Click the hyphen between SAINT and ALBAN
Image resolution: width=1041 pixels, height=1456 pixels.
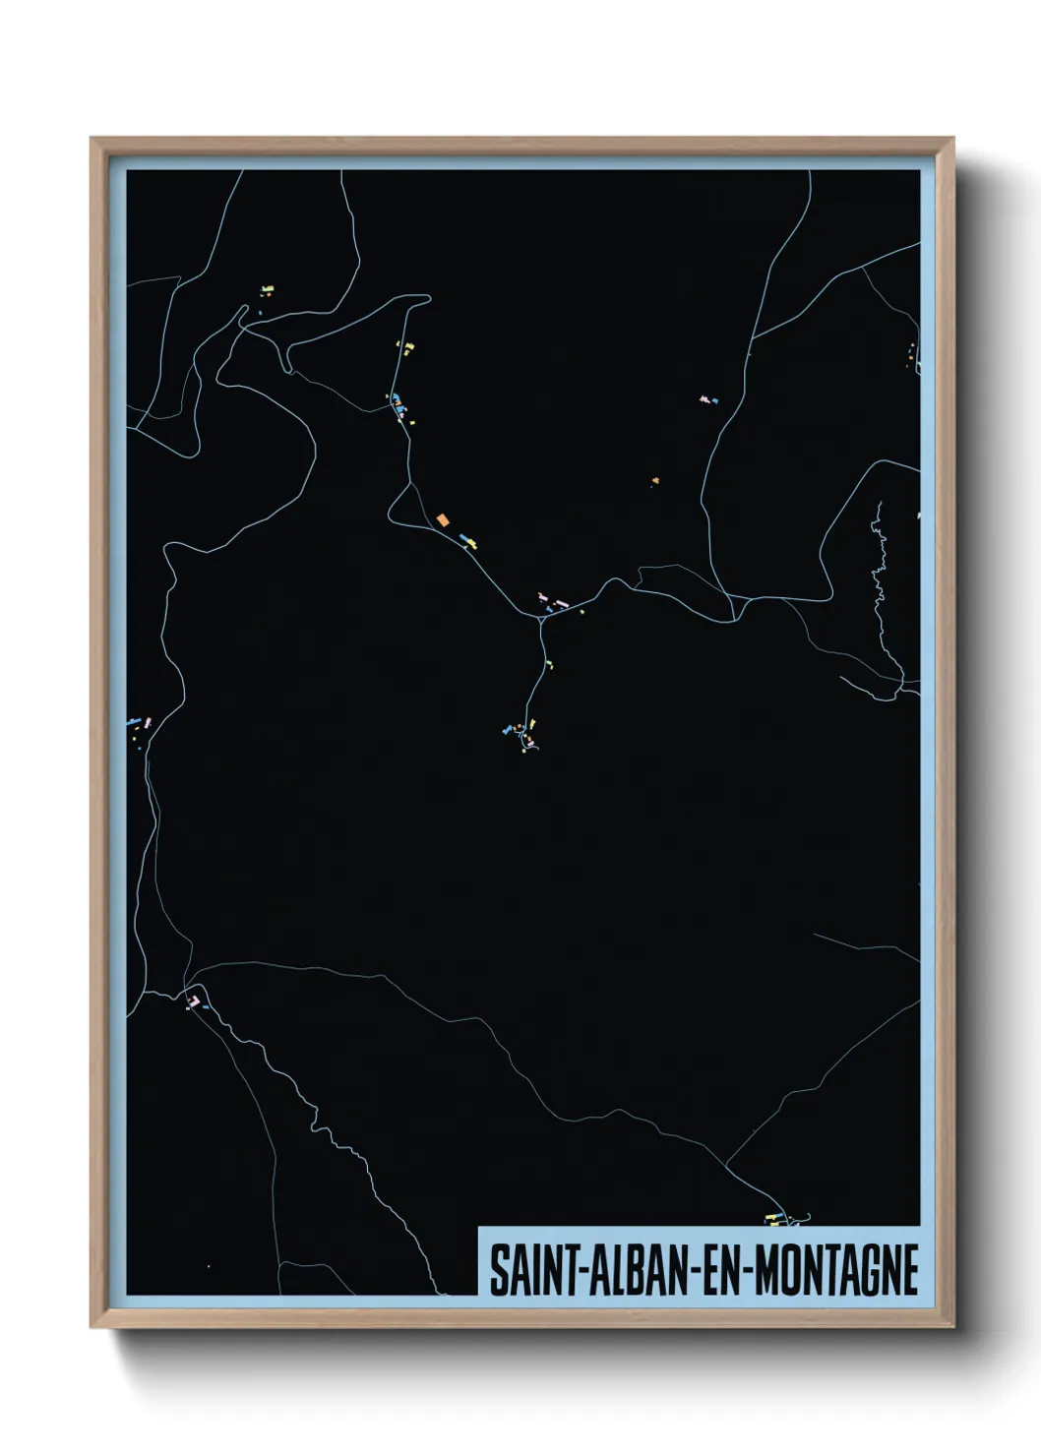tap(562, 1272)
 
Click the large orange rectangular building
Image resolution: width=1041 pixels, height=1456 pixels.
tap(442, 518)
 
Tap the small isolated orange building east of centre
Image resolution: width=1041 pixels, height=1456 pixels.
tap(654, 481)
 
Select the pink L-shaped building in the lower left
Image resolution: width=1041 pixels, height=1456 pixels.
tap(195, 1001)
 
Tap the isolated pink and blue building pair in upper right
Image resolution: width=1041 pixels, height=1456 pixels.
tap(707, 400)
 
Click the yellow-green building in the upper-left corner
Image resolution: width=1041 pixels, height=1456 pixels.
tap(267, 290)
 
